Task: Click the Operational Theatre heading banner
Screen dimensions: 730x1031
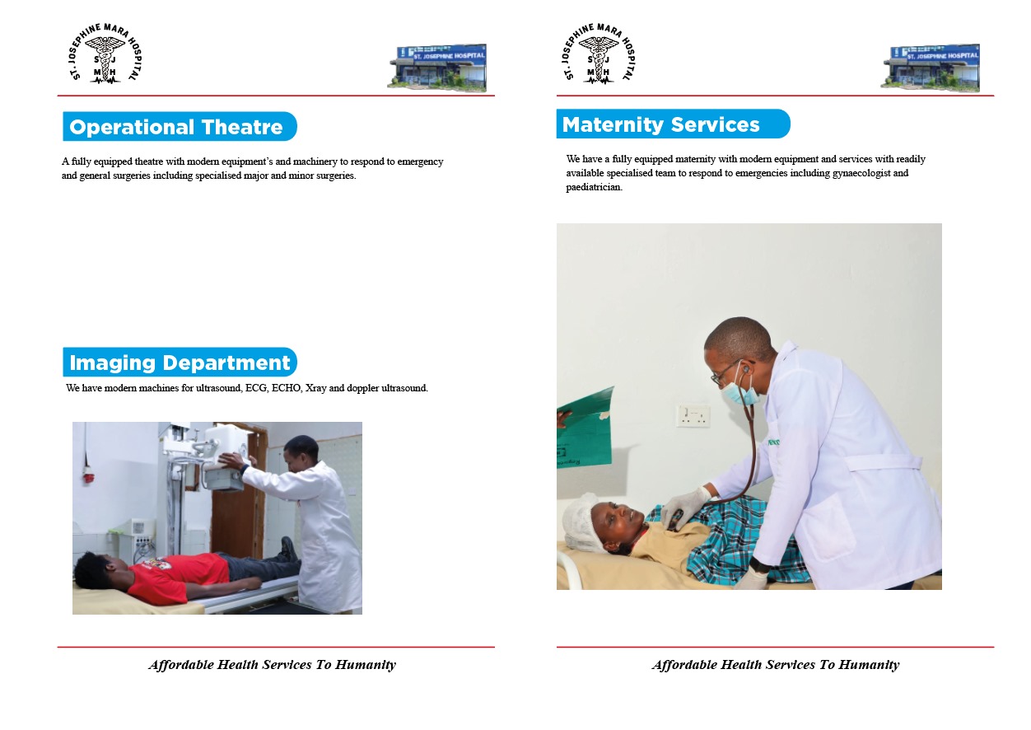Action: point(179,127)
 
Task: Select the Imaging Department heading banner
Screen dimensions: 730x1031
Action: point(180,363)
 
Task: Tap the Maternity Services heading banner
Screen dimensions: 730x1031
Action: point(672,124)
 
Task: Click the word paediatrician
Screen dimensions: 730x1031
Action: point(593,187)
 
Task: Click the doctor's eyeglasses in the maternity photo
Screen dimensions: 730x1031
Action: point(728,372)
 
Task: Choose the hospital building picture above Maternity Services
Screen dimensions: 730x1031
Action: point(930,66)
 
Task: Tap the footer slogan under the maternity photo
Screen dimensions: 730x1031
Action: point(775,665)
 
